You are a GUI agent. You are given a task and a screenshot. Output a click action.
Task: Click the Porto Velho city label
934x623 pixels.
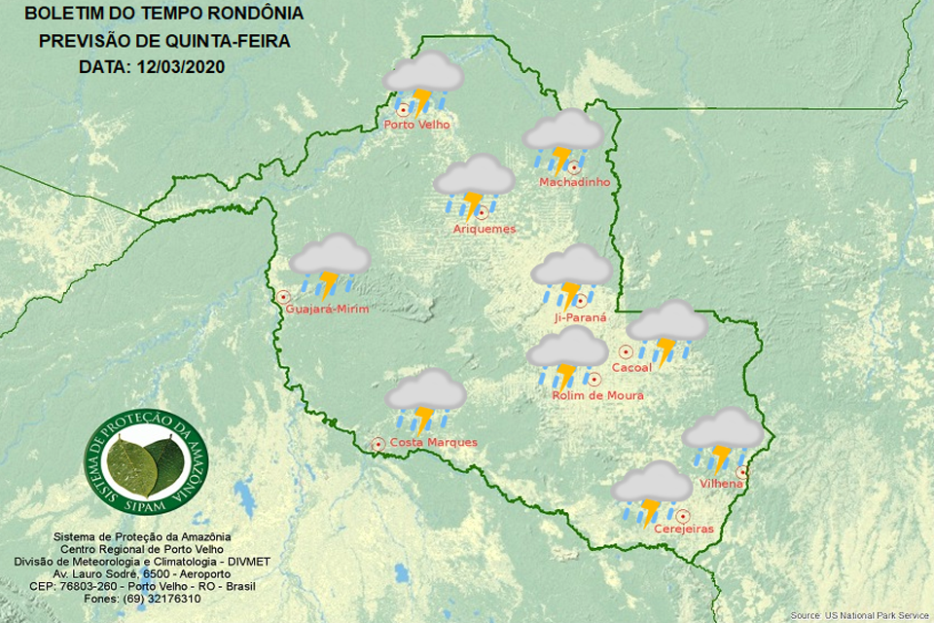(415, 125)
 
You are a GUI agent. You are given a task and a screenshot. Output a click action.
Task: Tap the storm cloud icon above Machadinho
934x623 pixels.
(563, 142)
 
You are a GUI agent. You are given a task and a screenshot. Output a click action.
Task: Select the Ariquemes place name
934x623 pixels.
(485, 229)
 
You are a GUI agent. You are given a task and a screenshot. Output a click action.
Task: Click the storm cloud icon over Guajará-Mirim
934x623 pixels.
(330, 266)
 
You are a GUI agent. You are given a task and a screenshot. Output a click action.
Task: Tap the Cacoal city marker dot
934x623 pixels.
(626, 352)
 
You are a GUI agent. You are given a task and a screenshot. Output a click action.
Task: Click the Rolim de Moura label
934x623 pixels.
(597, 395)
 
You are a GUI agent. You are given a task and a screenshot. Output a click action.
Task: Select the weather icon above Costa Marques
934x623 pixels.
(426, 400)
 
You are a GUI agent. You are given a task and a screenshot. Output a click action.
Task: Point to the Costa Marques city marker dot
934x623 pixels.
(378, 444)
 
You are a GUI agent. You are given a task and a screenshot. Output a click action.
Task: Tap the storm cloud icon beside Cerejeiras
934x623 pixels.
(652, 493)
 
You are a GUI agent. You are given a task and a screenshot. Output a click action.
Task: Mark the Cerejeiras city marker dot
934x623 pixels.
(684, 516)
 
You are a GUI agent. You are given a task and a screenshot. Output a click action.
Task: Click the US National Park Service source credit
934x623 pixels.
(859, 615)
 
